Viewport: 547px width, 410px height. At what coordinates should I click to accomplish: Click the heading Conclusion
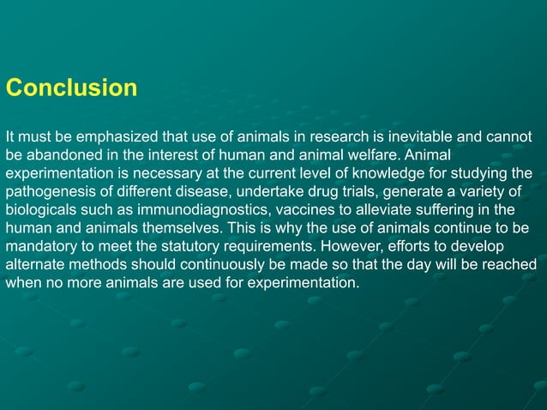click(71, 88)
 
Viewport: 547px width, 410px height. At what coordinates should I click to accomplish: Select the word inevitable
click(411, 137)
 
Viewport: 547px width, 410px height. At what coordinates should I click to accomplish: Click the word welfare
click(372, 156)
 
